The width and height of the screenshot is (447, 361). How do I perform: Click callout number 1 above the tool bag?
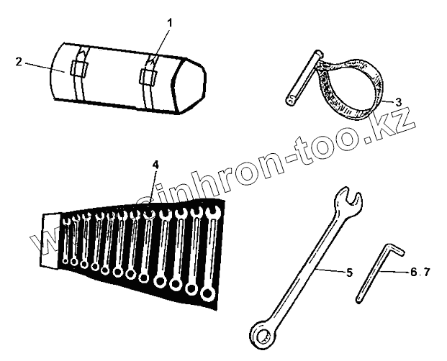click(169, 23)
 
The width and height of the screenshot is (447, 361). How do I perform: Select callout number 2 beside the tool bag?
click(18, 62)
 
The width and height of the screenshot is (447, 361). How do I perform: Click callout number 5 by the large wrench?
click(348, 273)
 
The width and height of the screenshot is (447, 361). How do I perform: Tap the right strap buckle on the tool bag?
click(150, 73)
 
